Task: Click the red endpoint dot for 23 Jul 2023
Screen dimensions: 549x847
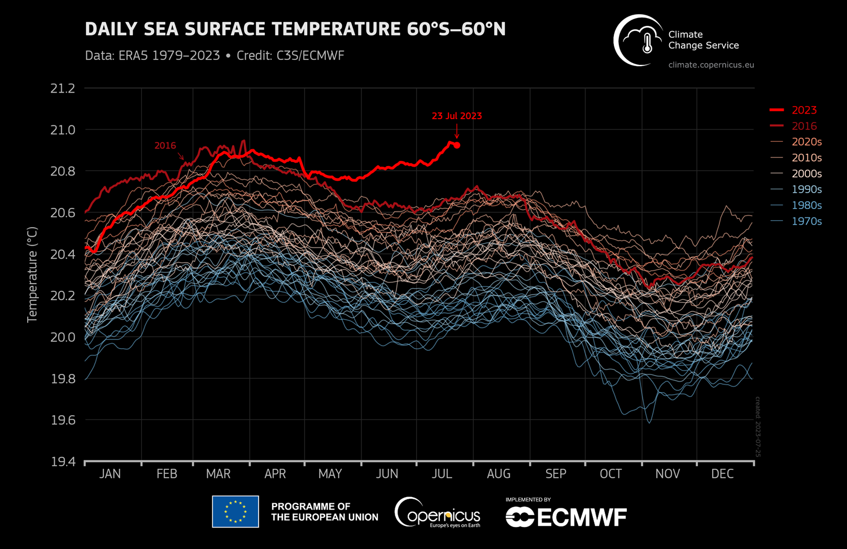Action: (457, 145)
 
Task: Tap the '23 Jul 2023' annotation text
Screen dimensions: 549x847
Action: (457, 116)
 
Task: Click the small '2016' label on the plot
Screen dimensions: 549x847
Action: (165, 146)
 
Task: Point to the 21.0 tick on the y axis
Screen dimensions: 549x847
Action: (63, 130)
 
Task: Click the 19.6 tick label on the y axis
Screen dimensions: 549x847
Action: (63, 420)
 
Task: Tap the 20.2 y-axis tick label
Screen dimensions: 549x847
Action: (63, 296)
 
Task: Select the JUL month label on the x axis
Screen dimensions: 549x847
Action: (442, 474)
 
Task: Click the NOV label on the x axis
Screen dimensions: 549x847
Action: (667, 474)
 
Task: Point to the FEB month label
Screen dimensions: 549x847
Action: (167, 474)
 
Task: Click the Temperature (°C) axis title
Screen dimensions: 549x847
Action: (32, 274)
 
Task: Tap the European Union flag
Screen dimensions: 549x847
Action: (235, 512)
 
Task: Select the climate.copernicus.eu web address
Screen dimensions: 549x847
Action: (711, 65)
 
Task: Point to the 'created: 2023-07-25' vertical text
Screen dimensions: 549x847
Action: (758, 427)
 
